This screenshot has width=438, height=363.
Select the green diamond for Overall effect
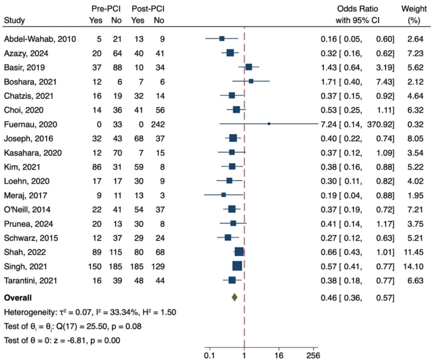tap(235, 298)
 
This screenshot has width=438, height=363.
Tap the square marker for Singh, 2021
tap(237, 266)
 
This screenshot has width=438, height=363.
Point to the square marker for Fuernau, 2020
tap(269, 124)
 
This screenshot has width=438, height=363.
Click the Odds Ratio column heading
tap(358, 9)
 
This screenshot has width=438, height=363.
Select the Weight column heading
tap(414, 9)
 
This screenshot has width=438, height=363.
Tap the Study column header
tap(14, 20)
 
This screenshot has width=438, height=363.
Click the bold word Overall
tap(18, 298)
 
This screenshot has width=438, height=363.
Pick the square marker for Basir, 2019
tap(249, 67)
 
